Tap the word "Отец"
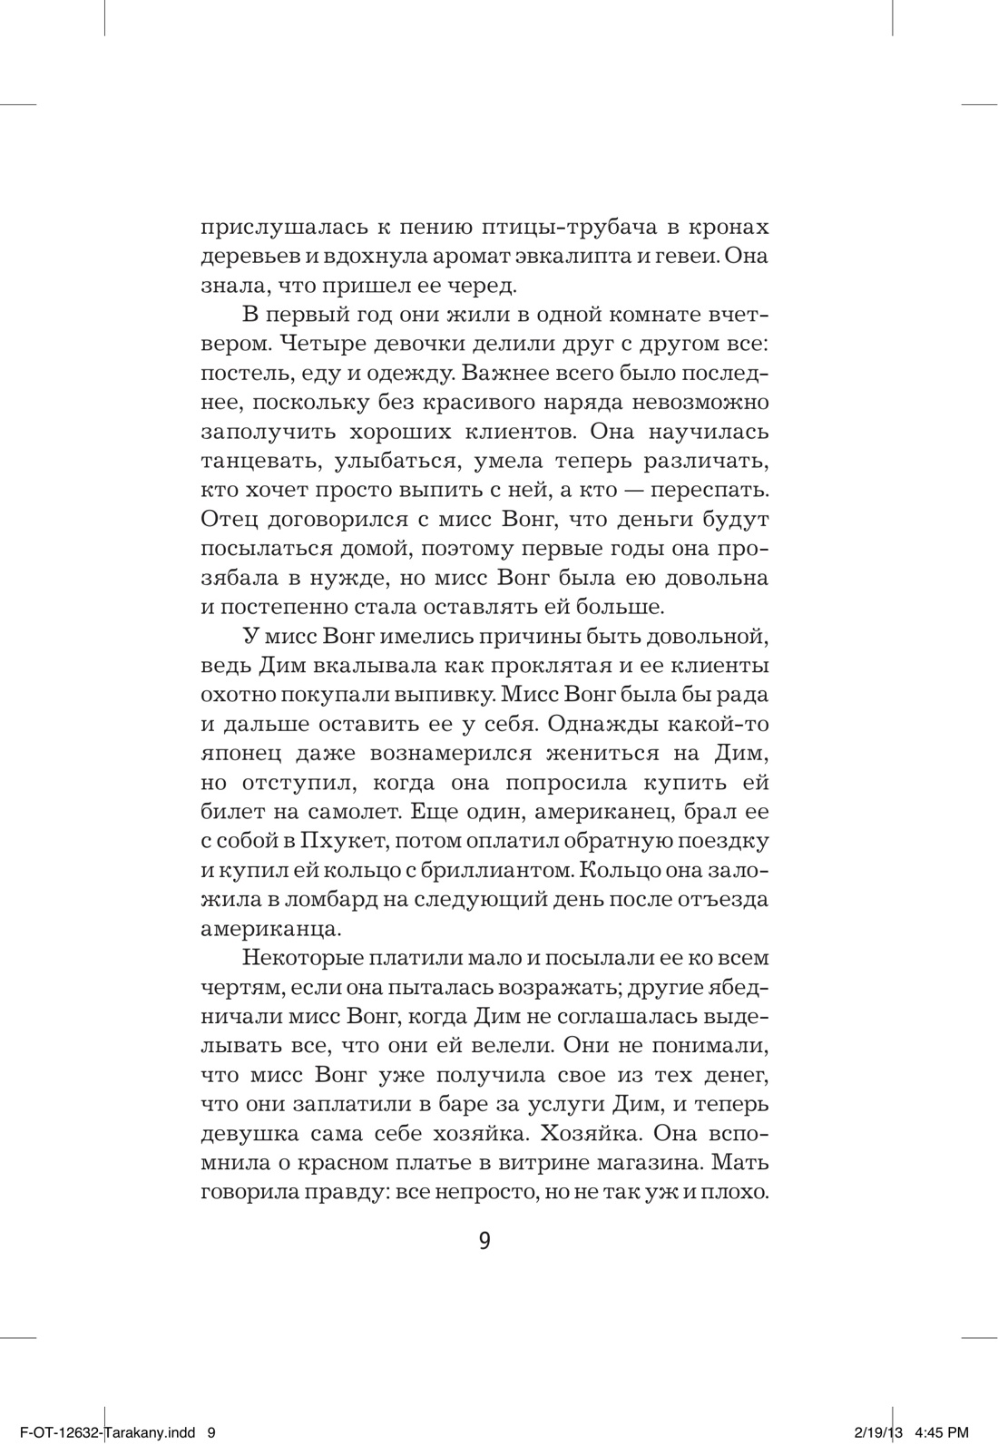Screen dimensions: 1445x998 tap(231, 520)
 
